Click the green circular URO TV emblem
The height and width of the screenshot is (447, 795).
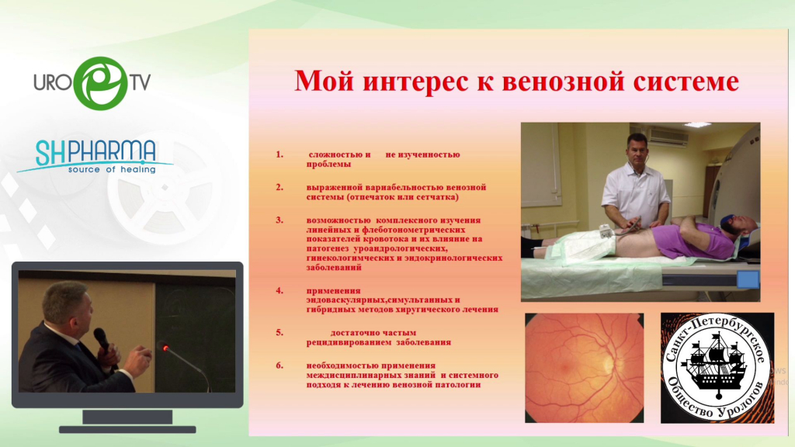coord(100,83)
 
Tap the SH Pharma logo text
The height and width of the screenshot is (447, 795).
coord(95,153)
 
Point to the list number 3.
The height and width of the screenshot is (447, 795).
coord(279,220)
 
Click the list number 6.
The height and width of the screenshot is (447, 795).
coord(279,365)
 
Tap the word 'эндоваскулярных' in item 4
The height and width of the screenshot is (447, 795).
coord(345,300)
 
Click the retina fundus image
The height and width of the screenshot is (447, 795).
coord(584,368)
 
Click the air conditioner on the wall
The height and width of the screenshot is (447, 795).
coord(668,136)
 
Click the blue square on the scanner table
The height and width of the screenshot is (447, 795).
coord(748,279)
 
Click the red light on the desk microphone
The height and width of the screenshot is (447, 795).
coord(165,348)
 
